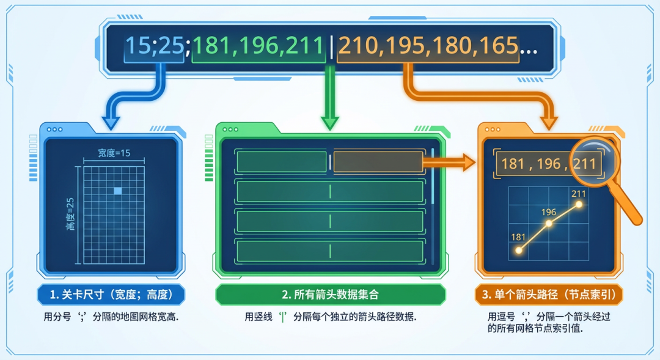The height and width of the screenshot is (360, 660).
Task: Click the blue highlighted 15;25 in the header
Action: (x=154, y=46)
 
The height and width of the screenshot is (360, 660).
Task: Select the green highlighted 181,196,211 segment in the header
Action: (x=258, y=46)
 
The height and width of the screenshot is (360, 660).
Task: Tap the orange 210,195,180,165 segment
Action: (x=428, y=46)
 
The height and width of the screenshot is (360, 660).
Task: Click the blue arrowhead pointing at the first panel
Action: (x=111, y=122)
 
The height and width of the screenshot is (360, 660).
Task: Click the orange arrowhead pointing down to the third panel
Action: (x=548, y=122)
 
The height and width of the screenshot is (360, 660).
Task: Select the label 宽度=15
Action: (x=114, y=153)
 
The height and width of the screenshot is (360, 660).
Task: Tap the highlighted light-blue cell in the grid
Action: (x=118, y=191)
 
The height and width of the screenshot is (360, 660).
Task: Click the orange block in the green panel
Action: (x=378, y=161)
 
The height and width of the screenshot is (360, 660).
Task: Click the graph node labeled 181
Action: (x=519, y=250)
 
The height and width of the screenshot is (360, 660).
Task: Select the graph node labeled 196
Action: (x=549, y=224)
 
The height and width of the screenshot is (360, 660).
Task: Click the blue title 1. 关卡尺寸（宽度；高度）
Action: (x=111, y=295)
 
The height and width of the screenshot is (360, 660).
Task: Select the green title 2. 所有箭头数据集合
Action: (x=330, y=295)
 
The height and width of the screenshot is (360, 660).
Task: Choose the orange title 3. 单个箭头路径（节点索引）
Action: (x=548, y=295)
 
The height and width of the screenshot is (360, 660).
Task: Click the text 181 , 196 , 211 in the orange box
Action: (x=549, y=164)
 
